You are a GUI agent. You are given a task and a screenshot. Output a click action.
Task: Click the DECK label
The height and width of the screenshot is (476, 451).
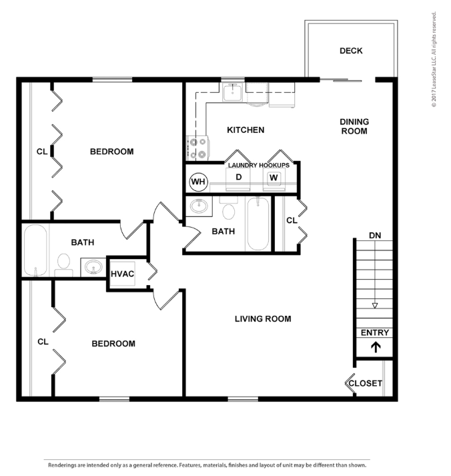tap(351, 51)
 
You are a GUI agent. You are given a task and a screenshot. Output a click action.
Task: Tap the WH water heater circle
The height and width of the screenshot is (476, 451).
tap(198, 182)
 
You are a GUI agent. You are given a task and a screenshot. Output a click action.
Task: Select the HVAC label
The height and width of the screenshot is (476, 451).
tap(122, 274)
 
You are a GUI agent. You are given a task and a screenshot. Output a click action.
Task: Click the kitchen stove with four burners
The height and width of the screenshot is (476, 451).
tap(197, 148)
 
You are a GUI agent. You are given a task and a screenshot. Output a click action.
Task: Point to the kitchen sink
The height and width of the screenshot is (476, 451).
tap(233, 93)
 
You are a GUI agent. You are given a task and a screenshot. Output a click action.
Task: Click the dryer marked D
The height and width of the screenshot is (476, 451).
tap(238, 180)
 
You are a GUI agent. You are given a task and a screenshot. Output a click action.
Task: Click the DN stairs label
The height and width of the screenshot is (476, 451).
tap(375, 235)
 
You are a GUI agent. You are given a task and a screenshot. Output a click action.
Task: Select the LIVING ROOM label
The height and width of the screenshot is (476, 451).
tap(263, 318)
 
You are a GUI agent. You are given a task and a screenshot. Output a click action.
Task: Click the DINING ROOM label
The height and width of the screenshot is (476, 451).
tap(354, 126)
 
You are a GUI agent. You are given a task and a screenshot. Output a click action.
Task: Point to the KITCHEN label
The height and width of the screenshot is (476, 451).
tap(246, 130)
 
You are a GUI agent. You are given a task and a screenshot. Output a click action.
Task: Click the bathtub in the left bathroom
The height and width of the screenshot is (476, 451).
tap(35, 250)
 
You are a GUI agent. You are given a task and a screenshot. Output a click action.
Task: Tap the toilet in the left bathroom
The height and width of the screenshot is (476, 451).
tap(63, 265)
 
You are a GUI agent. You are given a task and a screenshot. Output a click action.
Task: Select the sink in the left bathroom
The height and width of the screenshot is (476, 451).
tap(93, 268)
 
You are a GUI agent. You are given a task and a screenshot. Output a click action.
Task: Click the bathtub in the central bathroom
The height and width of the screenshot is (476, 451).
tap(258, 224)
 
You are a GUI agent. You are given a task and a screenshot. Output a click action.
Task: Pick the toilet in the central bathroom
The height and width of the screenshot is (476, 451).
tap(229, 208)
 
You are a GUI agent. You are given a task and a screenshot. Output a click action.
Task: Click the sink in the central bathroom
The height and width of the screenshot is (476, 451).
tap(199, 206)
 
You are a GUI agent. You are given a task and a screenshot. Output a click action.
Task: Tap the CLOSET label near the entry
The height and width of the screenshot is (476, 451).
tap(365, 383)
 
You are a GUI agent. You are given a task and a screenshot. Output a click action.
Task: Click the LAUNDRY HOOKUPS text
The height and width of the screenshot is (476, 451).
tap(259, 165)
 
